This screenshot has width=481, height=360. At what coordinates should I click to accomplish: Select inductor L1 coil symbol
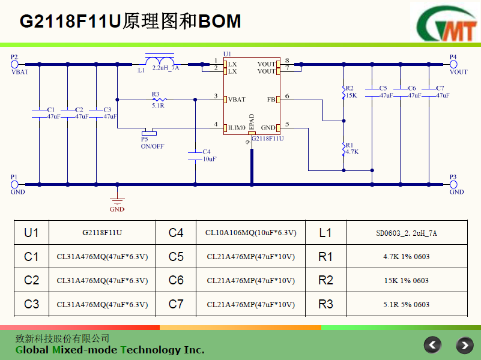pos(160,62)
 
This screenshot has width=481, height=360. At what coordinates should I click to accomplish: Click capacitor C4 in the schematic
pos(195,155)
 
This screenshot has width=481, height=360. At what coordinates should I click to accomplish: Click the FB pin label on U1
pos(271,99)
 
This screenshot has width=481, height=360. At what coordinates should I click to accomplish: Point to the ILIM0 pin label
pos(236,128)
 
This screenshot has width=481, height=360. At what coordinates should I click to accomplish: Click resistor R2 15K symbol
pos(343,92)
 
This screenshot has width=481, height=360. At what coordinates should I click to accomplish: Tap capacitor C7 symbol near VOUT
pos(429,91)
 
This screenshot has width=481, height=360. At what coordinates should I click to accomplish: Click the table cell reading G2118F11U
pos(102,233)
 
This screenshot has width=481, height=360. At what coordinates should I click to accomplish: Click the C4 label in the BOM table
pos(176,233)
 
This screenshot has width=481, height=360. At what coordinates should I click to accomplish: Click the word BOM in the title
pos(220,22)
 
